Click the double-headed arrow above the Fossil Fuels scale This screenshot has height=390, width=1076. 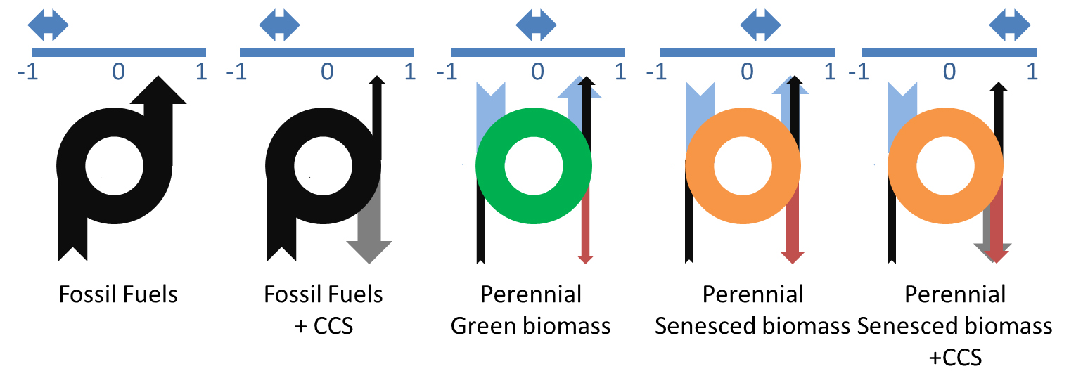pos(48,25)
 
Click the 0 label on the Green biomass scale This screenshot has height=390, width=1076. pos(537,72)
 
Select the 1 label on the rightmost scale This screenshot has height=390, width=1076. pos(1032,72)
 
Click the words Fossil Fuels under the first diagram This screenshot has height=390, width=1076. pos(118,294)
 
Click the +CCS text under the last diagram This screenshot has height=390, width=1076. pos(955,358)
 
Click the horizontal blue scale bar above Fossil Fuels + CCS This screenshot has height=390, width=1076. pos(326,52)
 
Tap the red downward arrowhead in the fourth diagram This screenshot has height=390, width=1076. pos(793,256)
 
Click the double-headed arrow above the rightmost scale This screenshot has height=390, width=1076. pos(1010,25)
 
